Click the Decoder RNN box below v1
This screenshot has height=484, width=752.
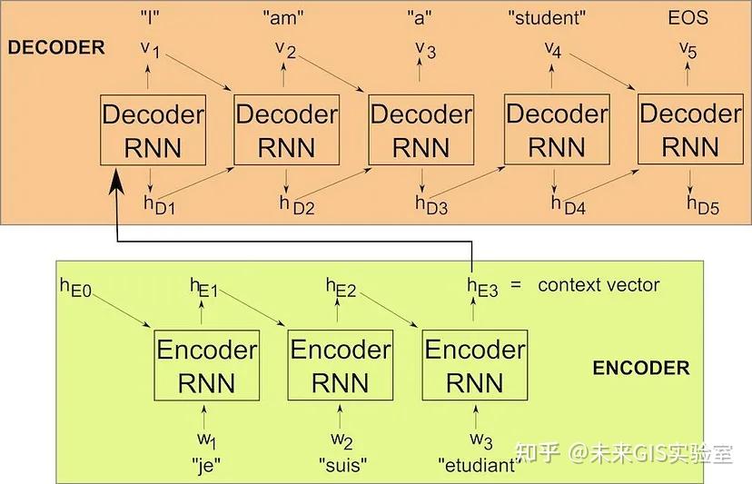(x=153, y=130)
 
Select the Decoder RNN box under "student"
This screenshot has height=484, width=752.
(x=556, y=130)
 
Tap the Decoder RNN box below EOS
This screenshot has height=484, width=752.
(x=690, y=130)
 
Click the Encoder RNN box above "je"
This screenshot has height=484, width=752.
(x=206, y=366)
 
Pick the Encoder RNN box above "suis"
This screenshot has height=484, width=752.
(x=340, y=366)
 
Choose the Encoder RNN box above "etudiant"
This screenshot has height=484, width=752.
(x=474, y=366)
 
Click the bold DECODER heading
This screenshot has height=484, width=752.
(x=56, y=48)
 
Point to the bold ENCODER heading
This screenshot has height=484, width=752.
(x=640, y=369)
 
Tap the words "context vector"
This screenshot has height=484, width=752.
(x=599, y=285)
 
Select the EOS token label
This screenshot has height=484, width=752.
(x=688, y=17)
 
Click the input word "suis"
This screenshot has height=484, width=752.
(x=342, y=467)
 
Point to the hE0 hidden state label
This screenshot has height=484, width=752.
(x=75, y=289)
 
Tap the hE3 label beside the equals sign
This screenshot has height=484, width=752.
(x=482, y=287)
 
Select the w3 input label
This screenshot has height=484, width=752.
(x=480, y=442)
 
